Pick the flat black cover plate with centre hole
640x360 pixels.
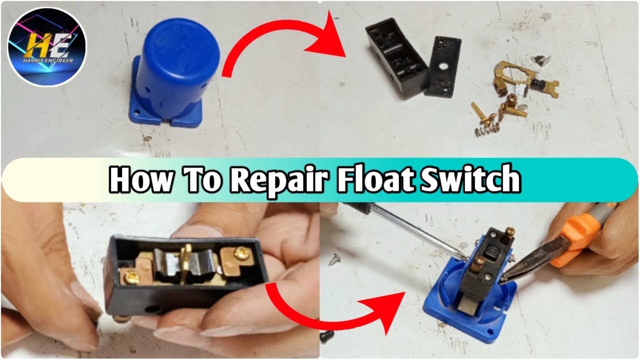(x=440, y=66)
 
